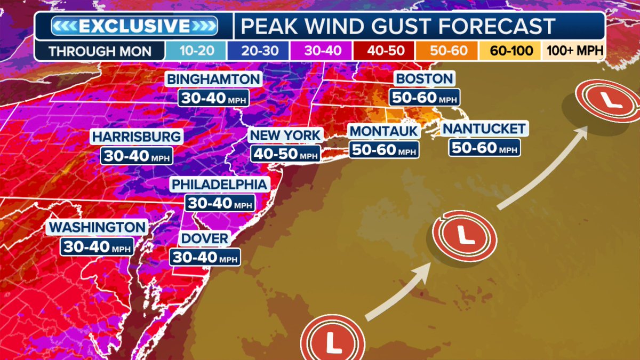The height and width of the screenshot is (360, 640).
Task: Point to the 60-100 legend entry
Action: [x=510, y=52]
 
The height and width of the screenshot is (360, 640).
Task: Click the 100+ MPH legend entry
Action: [x=573, y=52]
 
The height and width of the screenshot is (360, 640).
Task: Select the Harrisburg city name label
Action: [x=137, y=137]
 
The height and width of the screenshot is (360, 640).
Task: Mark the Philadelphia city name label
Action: [x=219, y=185]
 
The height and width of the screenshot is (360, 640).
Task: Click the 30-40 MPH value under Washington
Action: [x=96, y=246]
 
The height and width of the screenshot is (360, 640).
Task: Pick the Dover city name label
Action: [x=205, y=238]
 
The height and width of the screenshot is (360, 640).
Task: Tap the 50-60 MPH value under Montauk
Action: [x=383, y=150]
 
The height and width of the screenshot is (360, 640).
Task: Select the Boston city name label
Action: [x=424, y=79]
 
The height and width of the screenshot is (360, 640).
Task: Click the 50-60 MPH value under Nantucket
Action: [x=483, y=147]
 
